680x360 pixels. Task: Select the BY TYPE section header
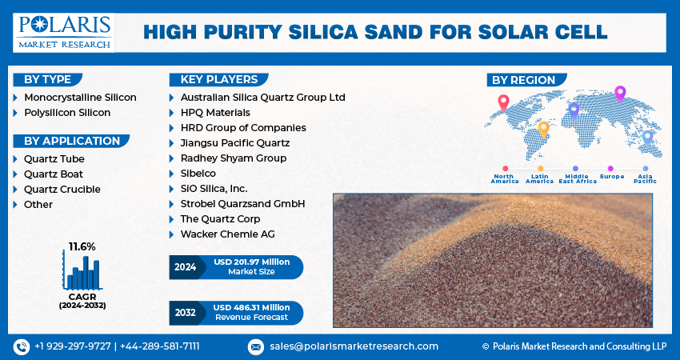46,79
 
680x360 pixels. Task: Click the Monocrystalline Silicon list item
80,97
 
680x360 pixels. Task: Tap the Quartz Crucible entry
62,189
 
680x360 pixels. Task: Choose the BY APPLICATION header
70,141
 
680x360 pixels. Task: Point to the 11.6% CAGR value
82,246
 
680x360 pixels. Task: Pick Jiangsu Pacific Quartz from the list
234,142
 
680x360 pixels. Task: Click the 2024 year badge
185,267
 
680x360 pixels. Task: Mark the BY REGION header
523,80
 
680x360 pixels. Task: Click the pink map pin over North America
503,102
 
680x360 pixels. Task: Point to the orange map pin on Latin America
543,129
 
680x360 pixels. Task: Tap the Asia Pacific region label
645,178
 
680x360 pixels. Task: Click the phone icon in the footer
21,346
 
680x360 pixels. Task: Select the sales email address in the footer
354,346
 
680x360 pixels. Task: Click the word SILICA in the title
333,32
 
